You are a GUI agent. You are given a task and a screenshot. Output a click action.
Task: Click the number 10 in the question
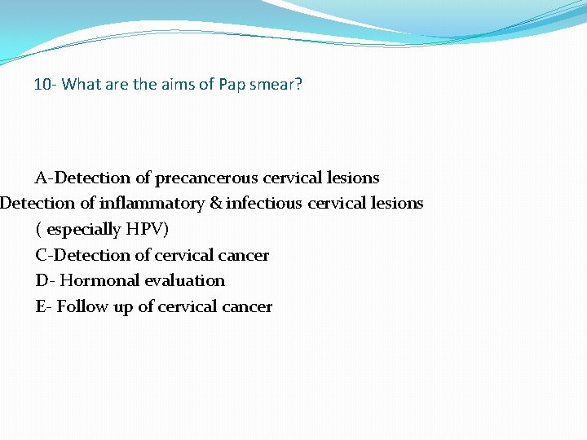click(x=42, y=84)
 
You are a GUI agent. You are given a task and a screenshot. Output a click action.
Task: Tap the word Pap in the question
click(x=232, y=84)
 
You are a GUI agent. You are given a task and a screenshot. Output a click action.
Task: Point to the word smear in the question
click(x=276, y=84)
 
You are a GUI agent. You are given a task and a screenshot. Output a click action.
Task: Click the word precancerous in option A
click(x=206, y=178)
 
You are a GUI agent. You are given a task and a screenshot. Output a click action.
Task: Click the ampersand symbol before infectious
click(x=215, y=203)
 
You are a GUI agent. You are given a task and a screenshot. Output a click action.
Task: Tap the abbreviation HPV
click(x=147, y=229)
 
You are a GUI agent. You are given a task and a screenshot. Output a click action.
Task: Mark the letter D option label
click(x=42, y=280)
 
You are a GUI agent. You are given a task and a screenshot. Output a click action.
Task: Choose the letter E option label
click(x=42, y=306)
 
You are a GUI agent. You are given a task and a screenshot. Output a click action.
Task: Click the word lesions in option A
click(x=353, y=178)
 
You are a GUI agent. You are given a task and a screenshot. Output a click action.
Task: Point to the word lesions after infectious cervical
click(x=397, y=203)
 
